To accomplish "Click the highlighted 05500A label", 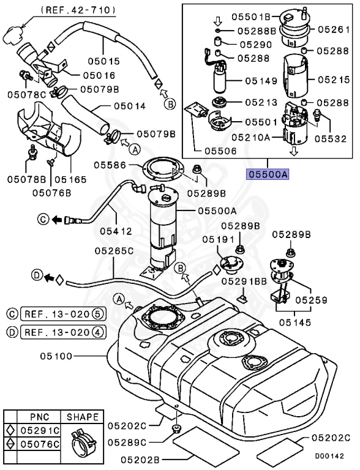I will (267, 174).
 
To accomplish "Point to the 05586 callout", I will (111, 165).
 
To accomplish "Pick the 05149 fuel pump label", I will (261, 80).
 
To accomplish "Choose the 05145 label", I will (294, 322).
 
